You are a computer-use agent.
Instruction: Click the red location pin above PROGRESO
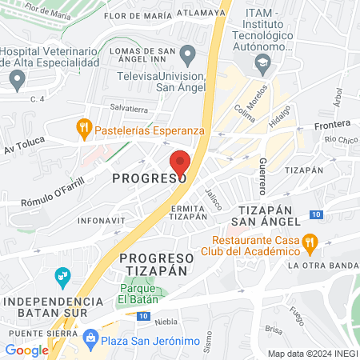click(181, 162)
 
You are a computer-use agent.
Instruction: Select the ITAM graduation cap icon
click(262, 62)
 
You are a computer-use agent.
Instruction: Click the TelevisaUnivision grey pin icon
click(188, 56)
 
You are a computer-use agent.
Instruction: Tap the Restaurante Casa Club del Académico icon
click(310, 241)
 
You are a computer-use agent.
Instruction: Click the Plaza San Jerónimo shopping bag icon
click(92, 339)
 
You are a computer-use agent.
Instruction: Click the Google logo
click(27, 350)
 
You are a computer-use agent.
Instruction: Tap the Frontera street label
click(333, 124)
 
